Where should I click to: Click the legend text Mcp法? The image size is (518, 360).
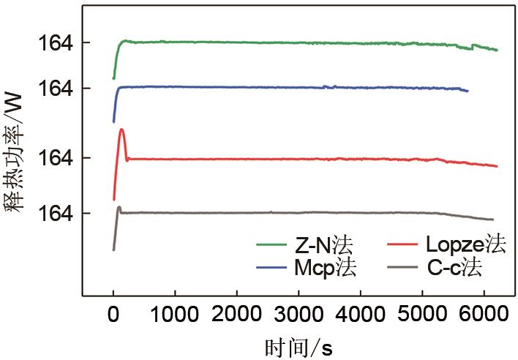[x=326, y=268]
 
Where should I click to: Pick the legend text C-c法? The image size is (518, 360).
[x=454, y=268]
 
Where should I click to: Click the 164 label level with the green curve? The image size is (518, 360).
[x=56, y=43]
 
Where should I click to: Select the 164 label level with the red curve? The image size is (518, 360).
[x=56, y=158]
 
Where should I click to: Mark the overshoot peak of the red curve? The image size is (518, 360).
[x=121, y=130]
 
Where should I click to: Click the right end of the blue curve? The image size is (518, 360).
[x=468, y=90]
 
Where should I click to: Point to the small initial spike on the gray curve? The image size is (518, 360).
[x=119, y=207]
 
